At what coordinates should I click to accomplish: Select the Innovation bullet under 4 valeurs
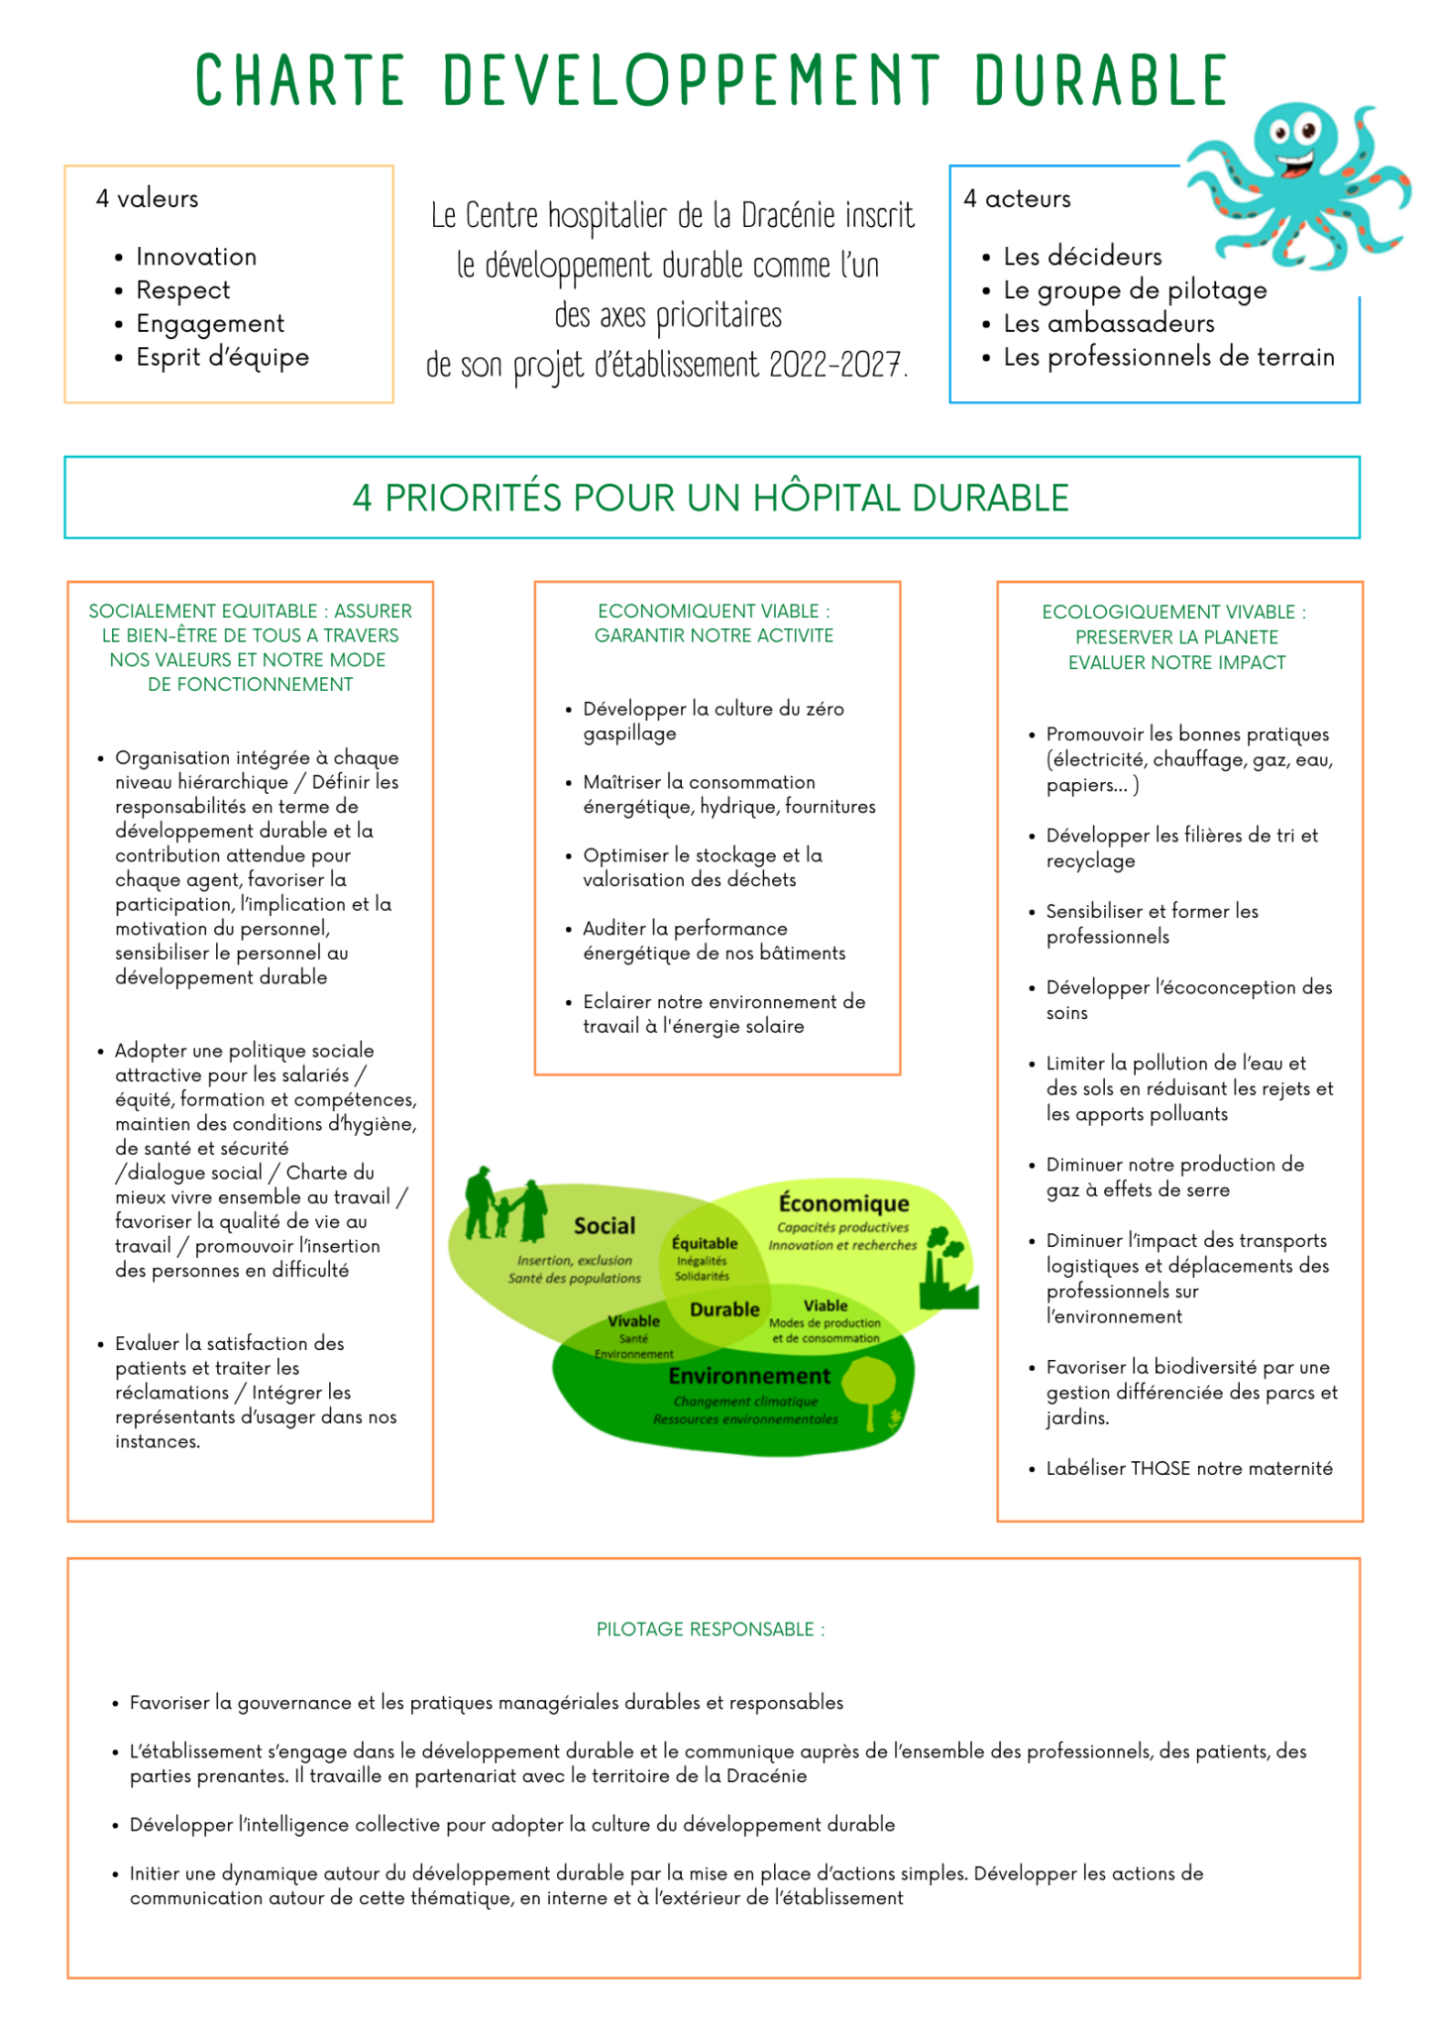tap(196, 257)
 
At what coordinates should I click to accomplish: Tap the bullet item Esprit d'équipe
tap(222, 357)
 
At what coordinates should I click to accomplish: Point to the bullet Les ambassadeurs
tap(1108, 323)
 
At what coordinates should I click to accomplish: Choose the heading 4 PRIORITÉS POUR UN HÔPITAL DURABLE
tap(711, 498)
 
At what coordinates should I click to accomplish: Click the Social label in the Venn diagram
tap(605, 1226)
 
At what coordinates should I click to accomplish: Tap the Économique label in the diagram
tap(843, 1203)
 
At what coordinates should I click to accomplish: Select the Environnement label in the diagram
tap(749, 1376)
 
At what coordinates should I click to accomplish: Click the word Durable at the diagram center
tap(724, 1309)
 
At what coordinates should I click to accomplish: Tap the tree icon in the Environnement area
tap(869, 1388)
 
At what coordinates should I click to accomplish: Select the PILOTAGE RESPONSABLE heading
tap(711, 1630)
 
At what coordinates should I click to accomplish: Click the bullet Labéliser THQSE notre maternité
tap(1188, 1468)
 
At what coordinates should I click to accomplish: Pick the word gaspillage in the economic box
tap(629, 733)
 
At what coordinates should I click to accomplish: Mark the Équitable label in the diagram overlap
tap(705, 1243)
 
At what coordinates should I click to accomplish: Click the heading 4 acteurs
tap(1017, 199)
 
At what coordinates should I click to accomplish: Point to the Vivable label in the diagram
tap(633, 1321)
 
